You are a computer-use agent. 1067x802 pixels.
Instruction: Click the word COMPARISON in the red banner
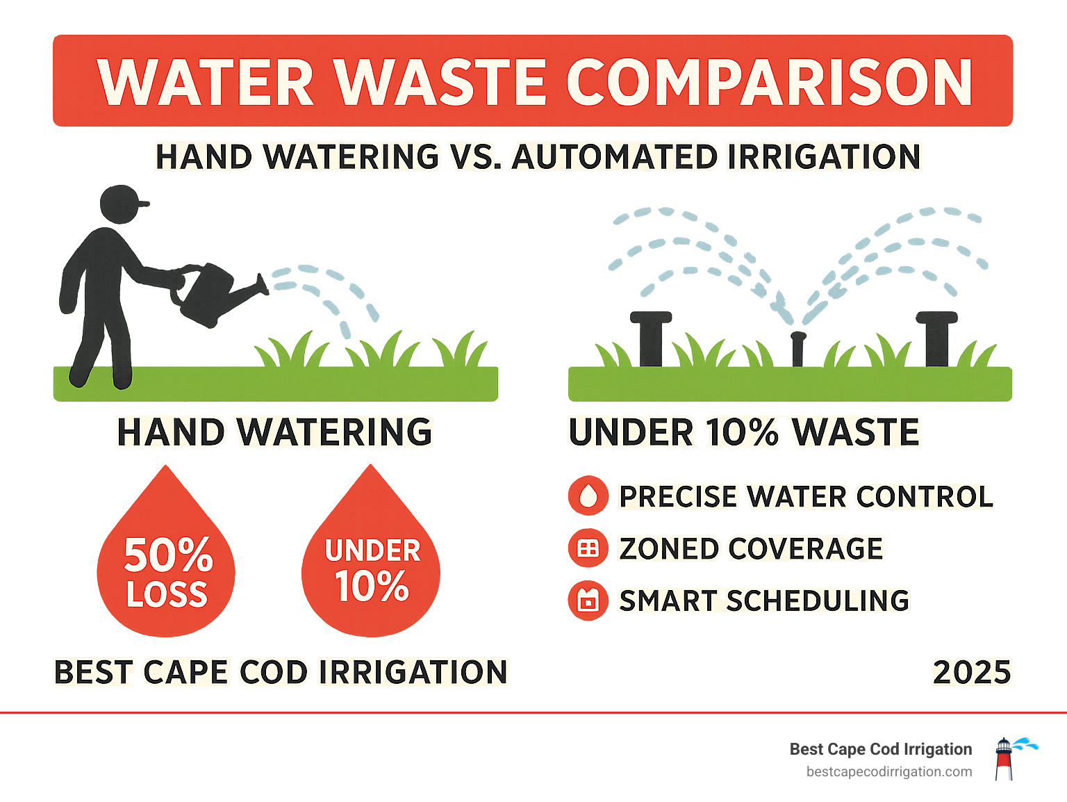tap(770, 82)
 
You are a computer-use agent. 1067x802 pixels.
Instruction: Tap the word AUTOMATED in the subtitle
tap(614, 157)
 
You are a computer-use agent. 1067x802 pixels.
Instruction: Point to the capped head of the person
tap(122, 204)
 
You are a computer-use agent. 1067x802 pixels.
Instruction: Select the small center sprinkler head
tap(797, 347)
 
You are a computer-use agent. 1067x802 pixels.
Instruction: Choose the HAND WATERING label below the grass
tap(274, 432)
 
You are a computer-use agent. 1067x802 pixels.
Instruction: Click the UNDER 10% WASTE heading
tap(744, 432)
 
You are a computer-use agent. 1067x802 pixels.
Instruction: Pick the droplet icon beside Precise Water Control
tap(588, 496)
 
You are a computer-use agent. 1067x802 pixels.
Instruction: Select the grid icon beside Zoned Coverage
tap(588, 548)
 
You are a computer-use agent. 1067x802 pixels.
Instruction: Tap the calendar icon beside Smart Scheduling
tap(588, 600)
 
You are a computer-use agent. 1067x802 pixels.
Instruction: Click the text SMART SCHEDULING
tap(764, 600)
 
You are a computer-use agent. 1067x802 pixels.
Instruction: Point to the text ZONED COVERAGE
tap(751, 548)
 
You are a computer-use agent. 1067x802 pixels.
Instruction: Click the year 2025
tap(971, 672)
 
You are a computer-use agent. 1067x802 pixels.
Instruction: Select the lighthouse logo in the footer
tap(1005, 759)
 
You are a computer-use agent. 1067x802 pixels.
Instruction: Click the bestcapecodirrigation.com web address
tap(889, 772)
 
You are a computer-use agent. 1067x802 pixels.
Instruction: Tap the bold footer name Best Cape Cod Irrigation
tap(881, 749)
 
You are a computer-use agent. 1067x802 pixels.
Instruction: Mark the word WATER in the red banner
tap(206, 82)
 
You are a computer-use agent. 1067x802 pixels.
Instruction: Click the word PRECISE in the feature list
tap(678, 496)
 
